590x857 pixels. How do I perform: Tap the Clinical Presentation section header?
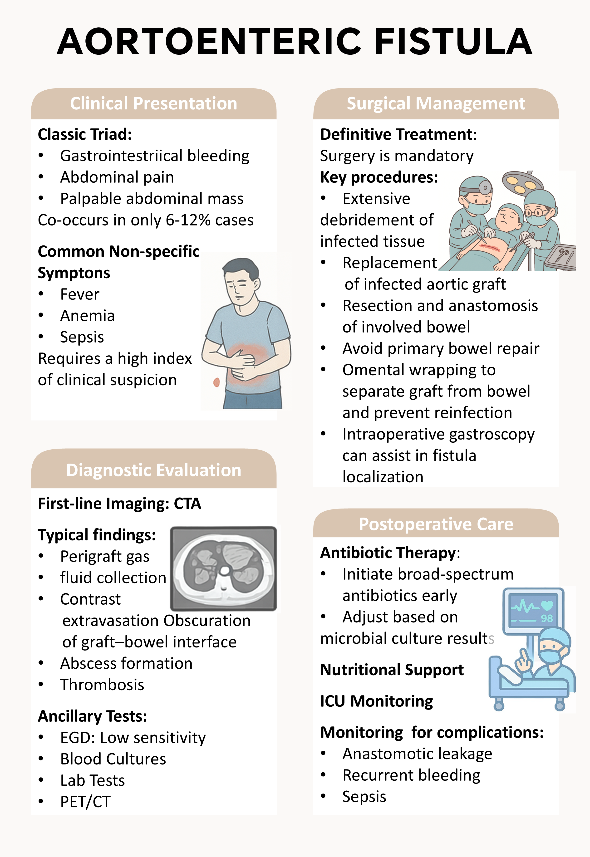[153, 103]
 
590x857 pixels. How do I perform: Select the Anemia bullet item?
[88, 316]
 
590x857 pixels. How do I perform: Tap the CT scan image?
[224, 568]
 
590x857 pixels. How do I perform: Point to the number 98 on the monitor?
[546, 618]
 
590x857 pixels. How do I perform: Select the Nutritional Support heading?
[392, 670]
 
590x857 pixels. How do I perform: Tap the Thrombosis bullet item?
[102, 685]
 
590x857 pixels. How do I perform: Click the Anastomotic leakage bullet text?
[417, 754]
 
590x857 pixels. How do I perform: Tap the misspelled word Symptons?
[74, 273]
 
